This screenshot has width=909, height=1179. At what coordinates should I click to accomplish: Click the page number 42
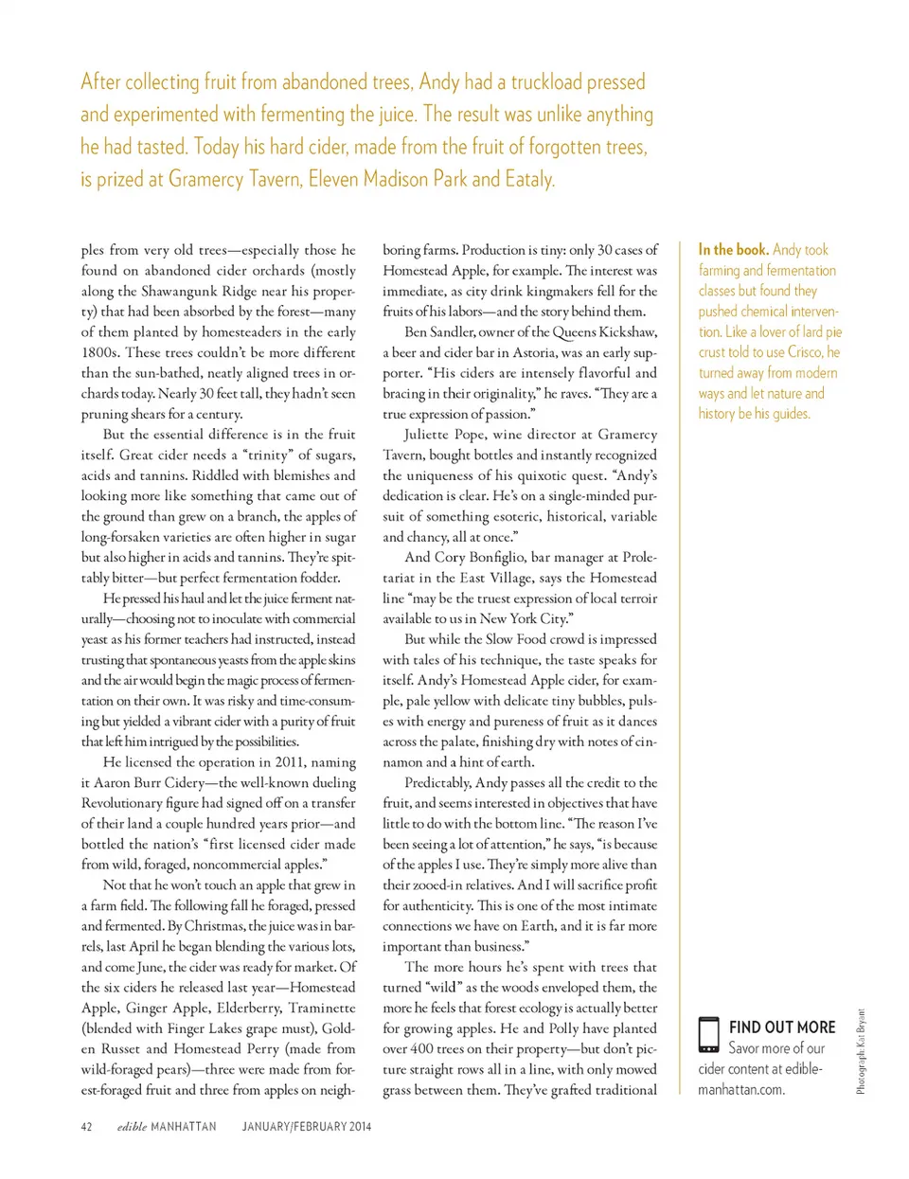coord(86,1127)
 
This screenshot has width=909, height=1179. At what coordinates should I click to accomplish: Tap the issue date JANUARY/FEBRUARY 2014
coord(307,1127)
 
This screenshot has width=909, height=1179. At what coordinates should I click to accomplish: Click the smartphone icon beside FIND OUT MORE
coord(708,1035)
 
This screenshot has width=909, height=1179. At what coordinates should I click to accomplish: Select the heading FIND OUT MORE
coord(782,1027)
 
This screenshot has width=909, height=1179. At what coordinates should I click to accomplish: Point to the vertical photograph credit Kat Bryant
coord(861,1052)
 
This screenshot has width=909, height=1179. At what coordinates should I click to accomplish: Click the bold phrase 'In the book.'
coord(733,250)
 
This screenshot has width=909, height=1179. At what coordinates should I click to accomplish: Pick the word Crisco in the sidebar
coord(805,352)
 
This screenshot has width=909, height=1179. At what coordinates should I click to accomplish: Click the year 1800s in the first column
coord(101,352)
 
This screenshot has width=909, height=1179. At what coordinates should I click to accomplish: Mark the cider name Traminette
coord(322,1009)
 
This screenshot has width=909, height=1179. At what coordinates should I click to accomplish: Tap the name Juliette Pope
coord(448,435)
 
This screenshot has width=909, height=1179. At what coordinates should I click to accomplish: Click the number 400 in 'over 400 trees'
coord(426,1049)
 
